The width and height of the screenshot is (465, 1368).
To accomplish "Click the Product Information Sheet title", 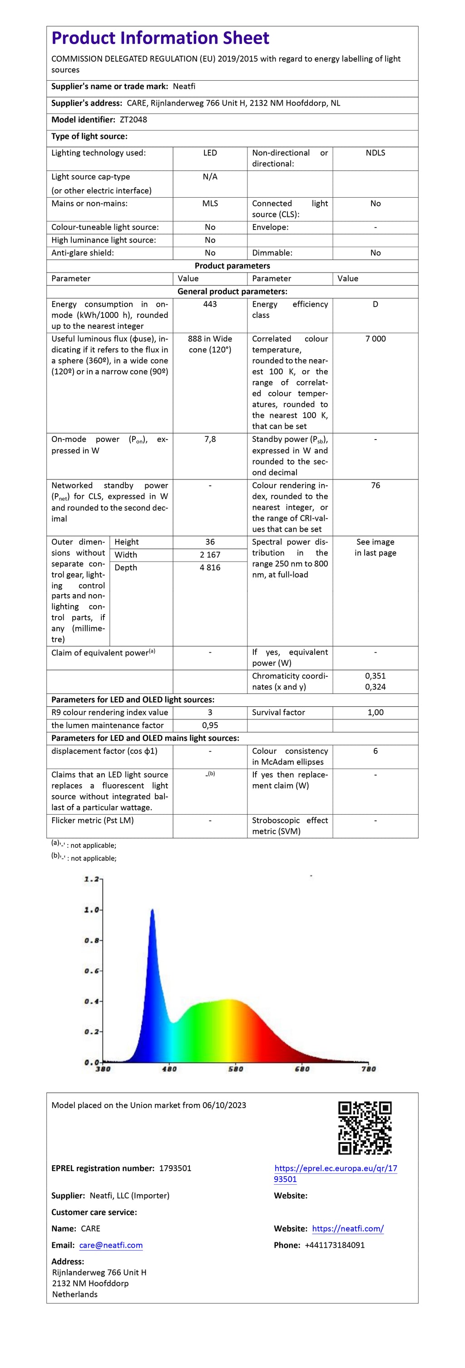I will (x=160, y=38).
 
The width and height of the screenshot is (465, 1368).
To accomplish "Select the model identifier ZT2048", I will (x=134, y=119).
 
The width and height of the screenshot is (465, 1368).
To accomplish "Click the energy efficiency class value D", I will (x=375, y=304).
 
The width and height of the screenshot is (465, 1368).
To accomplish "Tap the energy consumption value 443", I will (x=210, y=304).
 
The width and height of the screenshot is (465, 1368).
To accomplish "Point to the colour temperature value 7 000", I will (x=375, y=339).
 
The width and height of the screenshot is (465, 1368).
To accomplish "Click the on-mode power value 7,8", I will (x=210, y=439).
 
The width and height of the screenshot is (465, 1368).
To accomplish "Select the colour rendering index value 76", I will (x=375, y=485).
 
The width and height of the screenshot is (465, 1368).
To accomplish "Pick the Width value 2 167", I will (x=210, y=554).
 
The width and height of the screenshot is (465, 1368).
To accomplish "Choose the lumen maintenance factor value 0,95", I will (x=210, y=725).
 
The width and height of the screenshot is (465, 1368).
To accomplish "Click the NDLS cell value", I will (x=375, y=153).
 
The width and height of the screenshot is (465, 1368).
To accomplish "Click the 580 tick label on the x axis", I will (x=235, y=1069).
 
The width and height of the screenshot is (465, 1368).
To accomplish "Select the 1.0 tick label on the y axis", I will (x=91, y=910).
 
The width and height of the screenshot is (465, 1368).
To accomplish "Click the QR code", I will (x=365, y=1128).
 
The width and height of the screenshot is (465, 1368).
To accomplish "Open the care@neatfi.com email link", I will (x=111, y=1246).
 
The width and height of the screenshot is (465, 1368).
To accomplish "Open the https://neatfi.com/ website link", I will (x=347, y=1229).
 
